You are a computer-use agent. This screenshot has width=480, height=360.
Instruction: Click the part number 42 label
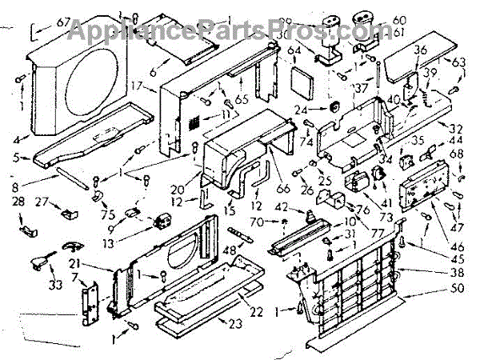click(280, 208)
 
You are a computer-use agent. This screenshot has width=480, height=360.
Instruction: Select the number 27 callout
click(42, 201)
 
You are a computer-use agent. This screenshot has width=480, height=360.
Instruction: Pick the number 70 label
click(256, 222)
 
